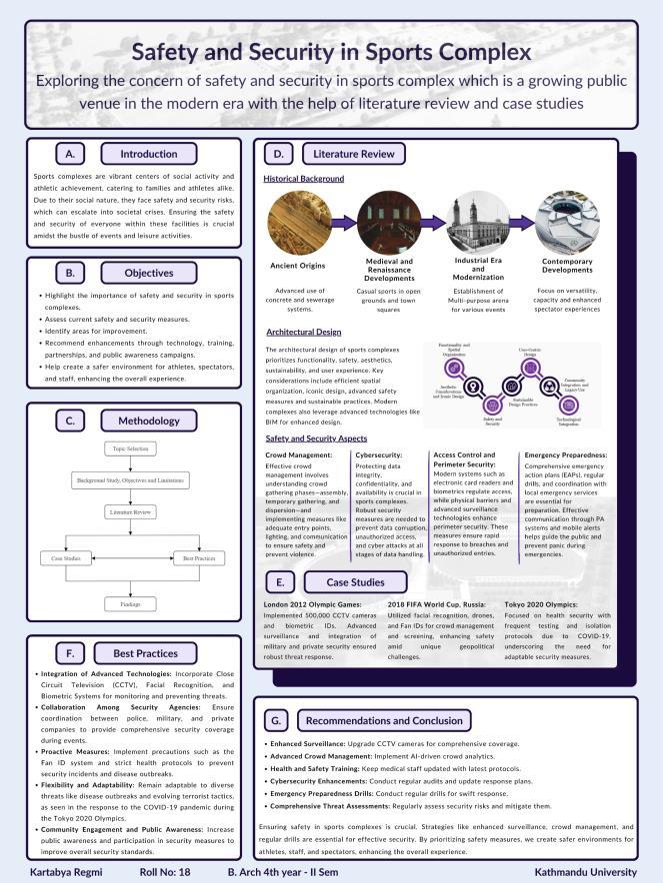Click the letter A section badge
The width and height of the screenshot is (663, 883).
(x=69, y=155)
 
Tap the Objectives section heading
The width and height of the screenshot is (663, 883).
(x=148, y=273)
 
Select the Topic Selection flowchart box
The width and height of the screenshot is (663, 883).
(x=134, y=449)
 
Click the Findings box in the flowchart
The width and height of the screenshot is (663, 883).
(x=134, y=604)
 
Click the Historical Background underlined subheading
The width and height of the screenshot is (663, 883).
(x=304, y=179)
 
